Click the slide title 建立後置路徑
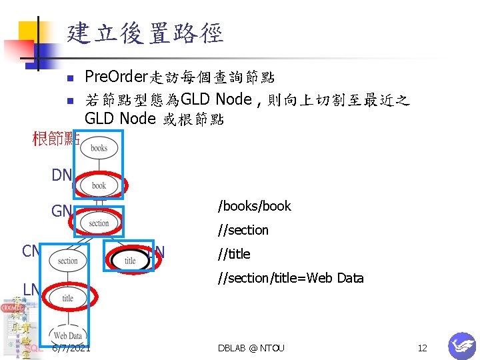pos(145,33)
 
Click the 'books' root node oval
pos(99,148)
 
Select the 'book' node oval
pos(99,185)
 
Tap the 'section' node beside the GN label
pos(99,223)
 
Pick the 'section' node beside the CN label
pos(67,261)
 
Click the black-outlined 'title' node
pos(130,261)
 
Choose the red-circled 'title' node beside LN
pos(67,299)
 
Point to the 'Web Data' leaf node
pos(67,335)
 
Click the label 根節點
pos(56,139)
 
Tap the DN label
pos(61,175)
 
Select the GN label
pos(61,211)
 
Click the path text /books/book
pos(255,206)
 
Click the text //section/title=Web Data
pos(291,278)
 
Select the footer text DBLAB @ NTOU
pos(251,348)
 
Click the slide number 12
pos(422,348)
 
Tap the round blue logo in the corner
pos(461,345)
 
